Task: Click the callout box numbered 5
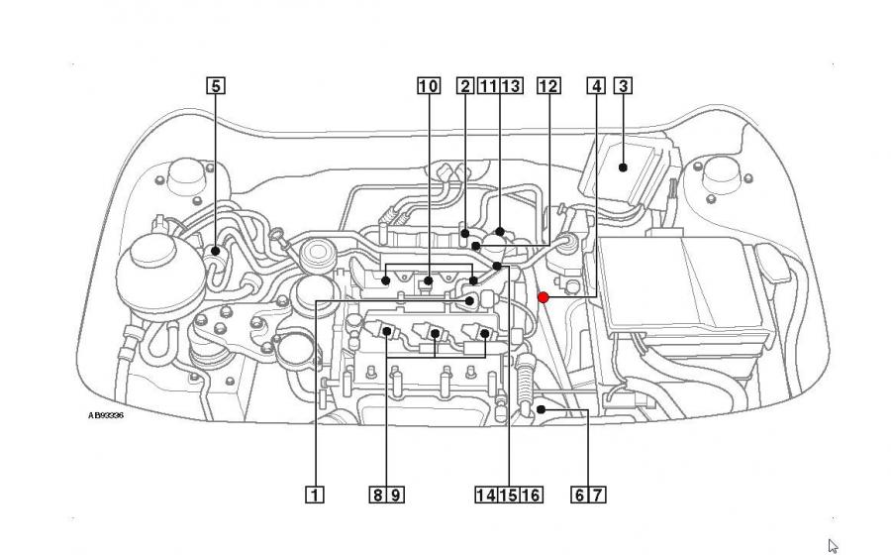(216, 85)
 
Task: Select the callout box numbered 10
(428, 85)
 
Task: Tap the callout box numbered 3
(624, 85)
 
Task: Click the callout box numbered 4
(596, 85)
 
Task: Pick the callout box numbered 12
(548, 85)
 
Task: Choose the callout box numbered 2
(465, 85)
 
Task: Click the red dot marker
(543, 296)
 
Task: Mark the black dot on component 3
(623, 166)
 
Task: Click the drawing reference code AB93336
(106, 415)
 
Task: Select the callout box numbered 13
(511, 85)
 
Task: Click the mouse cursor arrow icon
(834, 544)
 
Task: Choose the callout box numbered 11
(487, 85)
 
